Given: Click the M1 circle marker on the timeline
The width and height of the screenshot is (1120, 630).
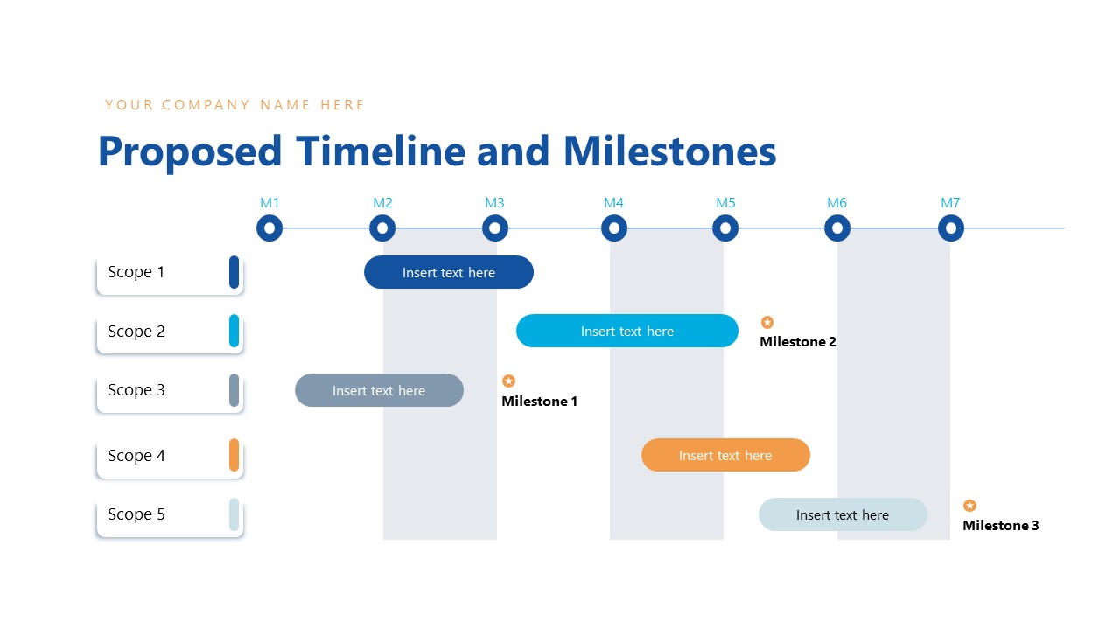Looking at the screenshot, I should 269,228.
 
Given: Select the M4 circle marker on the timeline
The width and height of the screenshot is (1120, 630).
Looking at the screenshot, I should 614,228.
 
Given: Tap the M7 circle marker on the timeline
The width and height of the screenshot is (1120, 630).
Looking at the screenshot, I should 951,228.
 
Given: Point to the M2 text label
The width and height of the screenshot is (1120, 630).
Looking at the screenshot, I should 382,203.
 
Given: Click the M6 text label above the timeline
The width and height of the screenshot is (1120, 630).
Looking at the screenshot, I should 836,203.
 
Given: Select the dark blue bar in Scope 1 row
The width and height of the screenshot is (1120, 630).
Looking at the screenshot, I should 448,272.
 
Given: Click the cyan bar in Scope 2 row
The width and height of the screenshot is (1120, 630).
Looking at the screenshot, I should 626,331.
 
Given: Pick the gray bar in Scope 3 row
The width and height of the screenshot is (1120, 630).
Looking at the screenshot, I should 379,390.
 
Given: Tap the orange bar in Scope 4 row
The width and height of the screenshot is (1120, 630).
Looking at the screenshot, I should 725,455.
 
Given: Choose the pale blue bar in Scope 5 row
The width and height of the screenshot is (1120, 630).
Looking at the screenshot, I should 843,514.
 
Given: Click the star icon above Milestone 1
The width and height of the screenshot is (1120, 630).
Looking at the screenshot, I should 508,381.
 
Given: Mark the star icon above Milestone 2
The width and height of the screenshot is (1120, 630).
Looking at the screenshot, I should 767,322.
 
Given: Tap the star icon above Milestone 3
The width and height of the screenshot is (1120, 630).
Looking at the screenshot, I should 969,506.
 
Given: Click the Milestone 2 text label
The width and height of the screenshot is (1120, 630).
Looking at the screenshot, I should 798,342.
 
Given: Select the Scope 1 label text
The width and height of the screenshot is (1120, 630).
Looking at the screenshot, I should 136,272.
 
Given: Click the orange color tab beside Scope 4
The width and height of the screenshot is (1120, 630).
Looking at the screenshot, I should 234,455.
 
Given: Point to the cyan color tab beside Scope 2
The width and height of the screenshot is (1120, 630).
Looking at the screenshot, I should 234,331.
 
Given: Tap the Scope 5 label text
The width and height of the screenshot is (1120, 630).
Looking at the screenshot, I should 136,514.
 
